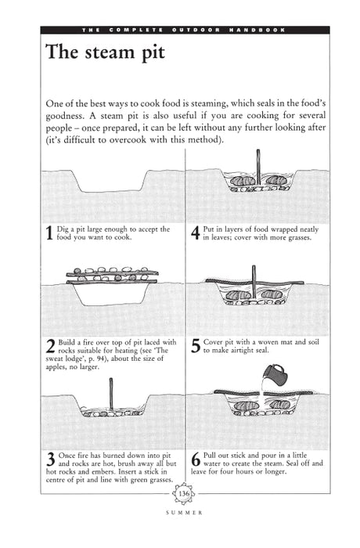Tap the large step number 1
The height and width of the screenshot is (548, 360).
pyautogui.click(x=50, y=233)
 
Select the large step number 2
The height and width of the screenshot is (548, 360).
pyautogui.click(x=50, y=346)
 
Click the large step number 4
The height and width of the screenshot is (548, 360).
pyautogui.click(x=195, y=233)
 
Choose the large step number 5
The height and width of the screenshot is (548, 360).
pyautogui.click(x=195, y=346)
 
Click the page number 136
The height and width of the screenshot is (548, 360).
pyautogui.click(x=185, y=495)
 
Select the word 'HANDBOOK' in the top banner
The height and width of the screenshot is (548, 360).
pyautogui.click(x=257, y=30)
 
